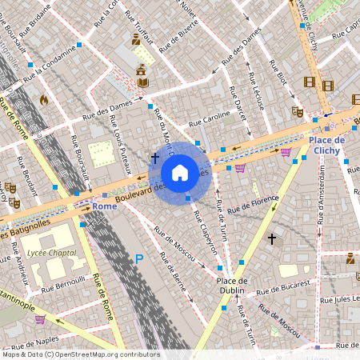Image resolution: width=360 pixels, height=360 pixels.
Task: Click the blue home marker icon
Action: pos(180,173)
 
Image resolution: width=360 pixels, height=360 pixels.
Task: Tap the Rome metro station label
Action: pos(105,206)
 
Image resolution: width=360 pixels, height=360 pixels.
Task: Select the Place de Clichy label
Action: pos(325,144)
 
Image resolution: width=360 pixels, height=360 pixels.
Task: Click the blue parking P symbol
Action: pos(139,258)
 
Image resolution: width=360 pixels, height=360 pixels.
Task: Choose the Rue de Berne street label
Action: pos(177,280)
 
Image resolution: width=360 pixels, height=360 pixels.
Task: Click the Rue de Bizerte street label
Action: pos(179,36)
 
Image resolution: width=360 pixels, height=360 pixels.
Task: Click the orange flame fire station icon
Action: pos(43,100)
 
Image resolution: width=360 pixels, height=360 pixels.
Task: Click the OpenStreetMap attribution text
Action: pos(80,354)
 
